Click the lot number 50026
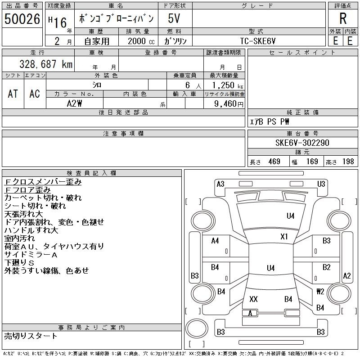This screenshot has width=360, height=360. tap(22, 19)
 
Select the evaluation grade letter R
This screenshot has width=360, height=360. tap(343, 19)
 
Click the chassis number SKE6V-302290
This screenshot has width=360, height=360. tap(302, 143)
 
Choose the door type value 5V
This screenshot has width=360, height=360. tap(175, 19)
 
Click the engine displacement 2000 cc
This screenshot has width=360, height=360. tap(138, 40)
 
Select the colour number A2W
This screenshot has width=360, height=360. tap(74, 103)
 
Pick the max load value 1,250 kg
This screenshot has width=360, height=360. tap(225, 85)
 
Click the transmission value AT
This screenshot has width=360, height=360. tap(13, 94)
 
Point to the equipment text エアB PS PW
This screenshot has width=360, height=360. tap(270, 121)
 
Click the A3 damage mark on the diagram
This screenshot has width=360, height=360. tap(220, 184)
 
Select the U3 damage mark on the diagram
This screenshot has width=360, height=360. tap(321, 184)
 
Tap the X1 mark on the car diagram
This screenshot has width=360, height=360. tap(284, 236)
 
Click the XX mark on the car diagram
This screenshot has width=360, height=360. tap(253, 299)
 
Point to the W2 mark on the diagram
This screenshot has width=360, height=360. tap(320, 291)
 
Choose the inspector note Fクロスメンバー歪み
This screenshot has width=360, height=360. tap(43, 182)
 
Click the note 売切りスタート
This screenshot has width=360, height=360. tap(31, 336)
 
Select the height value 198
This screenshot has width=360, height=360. tap(348, 162)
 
